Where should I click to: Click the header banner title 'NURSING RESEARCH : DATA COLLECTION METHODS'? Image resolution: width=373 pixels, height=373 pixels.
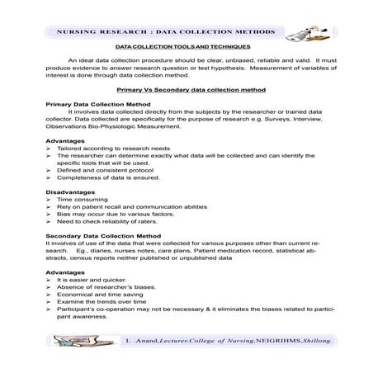165,31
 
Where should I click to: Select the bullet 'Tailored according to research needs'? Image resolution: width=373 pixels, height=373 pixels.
107,149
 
